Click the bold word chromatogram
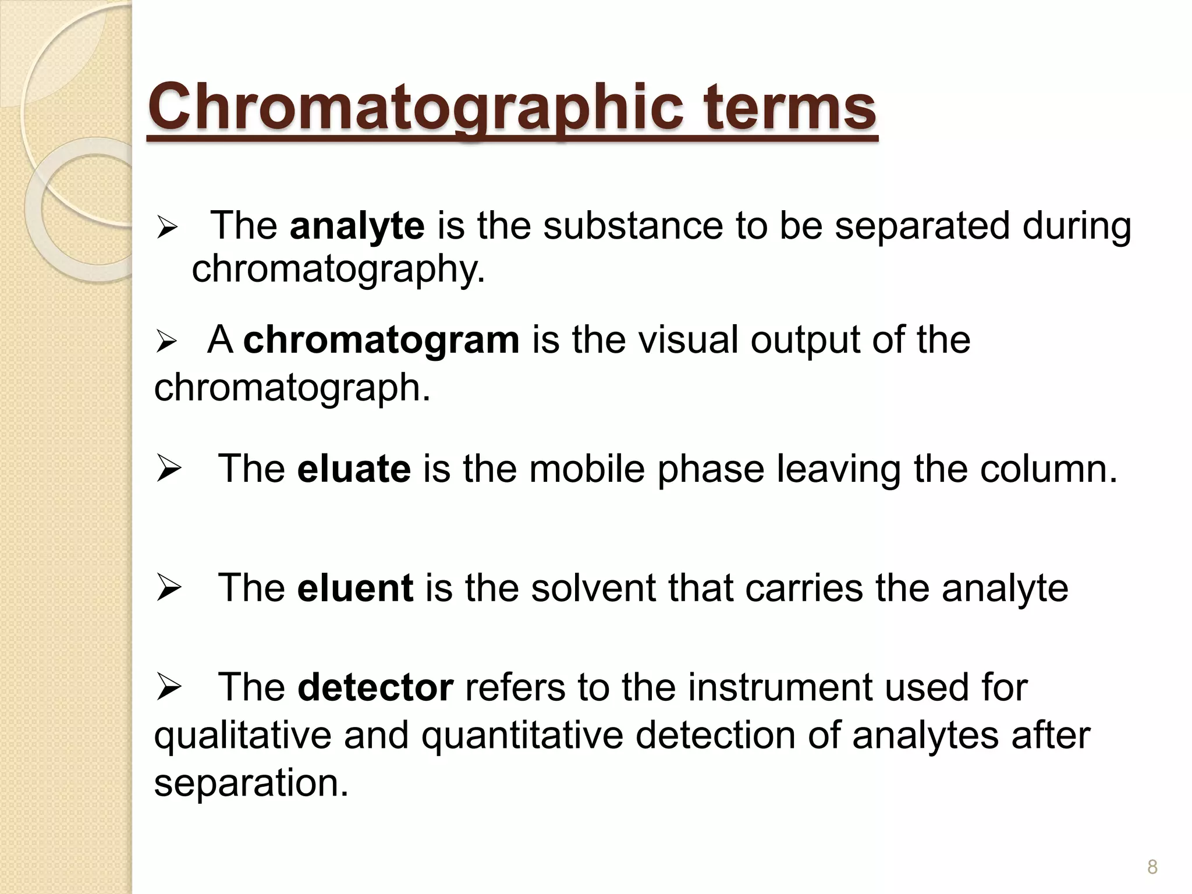(381, 340)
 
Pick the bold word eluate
(353, 469)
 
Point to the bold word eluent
(355, 588)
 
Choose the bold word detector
(375, 687)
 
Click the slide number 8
(1152, 867)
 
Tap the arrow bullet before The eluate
(169, 470)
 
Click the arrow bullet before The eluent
(169, 589)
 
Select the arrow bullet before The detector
(169, 688)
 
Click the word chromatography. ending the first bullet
(338, 269)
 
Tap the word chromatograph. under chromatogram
(292, 388)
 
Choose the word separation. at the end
(251, 783)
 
